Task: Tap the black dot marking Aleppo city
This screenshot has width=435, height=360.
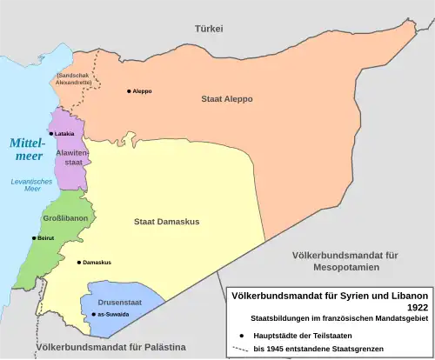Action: (130, 91)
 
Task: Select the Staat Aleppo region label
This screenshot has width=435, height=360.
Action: (226, 99)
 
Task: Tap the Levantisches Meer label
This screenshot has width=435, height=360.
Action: (25, 183)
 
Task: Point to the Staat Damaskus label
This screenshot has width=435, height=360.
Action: (166, 222)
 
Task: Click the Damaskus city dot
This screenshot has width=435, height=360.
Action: (79, 262)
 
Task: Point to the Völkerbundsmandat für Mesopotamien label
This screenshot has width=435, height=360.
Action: (345, 261)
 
